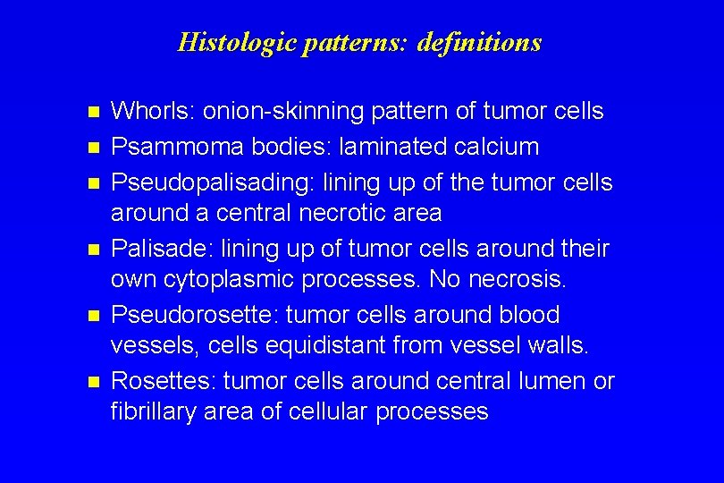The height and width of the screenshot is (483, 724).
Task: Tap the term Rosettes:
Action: (x=164, y=381)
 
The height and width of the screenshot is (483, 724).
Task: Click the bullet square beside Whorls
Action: (x=89, y=113)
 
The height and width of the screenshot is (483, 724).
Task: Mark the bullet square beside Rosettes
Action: (x=89, y=383)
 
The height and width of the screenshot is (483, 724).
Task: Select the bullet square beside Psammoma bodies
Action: (x=89, y=148)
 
